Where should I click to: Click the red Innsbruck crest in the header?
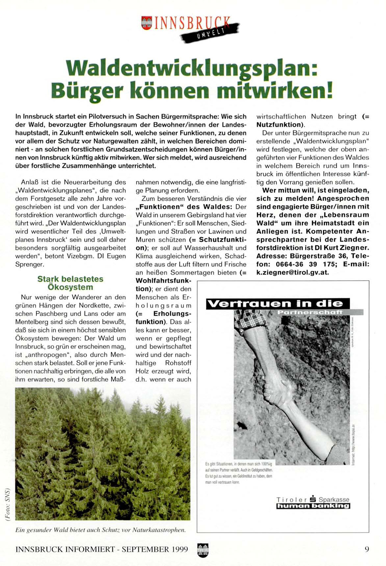146,23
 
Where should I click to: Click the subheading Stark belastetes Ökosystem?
70,283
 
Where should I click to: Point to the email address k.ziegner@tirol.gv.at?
293,273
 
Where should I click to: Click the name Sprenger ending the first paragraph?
29,264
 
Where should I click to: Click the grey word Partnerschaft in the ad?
310,312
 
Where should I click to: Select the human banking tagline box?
313,506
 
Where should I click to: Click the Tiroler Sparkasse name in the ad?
313,499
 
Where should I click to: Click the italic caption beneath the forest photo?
100,530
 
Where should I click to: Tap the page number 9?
367,549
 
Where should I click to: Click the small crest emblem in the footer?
203,550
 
